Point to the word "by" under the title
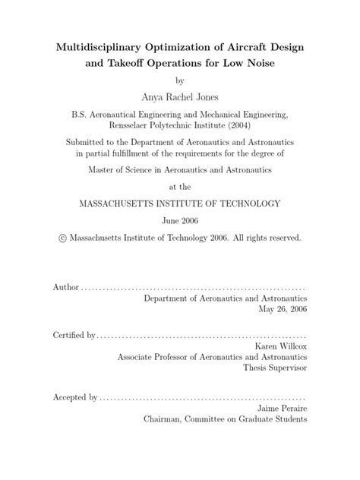tap(180, 80)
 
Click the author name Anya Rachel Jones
tap(180, 96)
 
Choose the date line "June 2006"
tap(180, 220)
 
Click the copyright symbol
tap(62, 238)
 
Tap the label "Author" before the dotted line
tap(65, 289)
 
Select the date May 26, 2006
tap(282, 311)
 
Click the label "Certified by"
tap(74, 334)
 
